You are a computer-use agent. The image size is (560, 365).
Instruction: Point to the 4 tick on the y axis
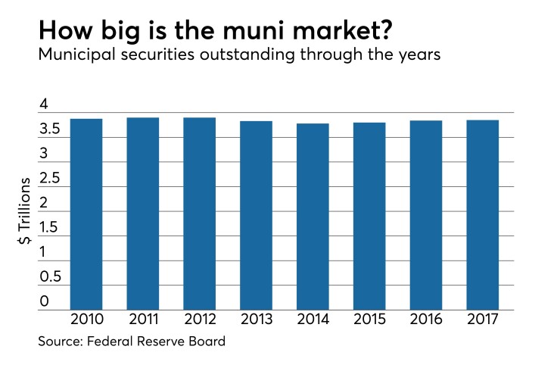(44, 105)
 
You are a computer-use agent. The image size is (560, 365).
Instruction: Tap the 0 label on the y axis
(44, 301)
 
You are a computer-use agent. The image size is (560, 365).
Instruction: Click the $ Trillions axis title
(26, 210)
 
